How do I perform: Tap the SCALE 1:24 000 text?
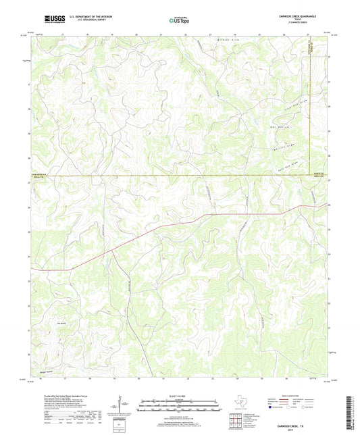pyautogui.click(x=180, y=395)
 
